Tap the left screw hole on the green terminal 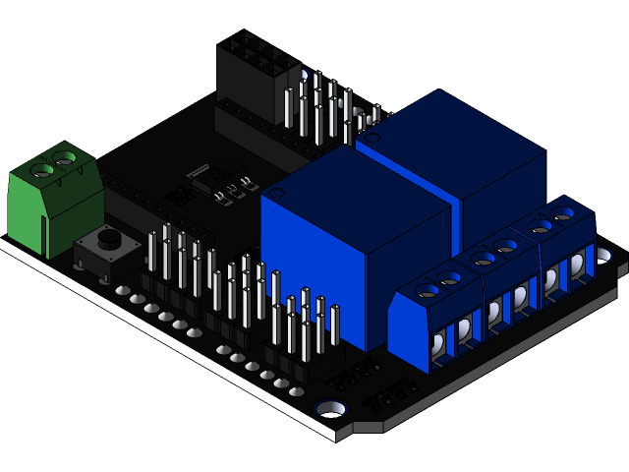point(43,170)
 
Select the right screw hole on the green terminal point(66,156)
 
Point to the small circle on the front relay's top point(278,195)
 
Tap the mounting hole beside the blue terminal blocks point(603,255)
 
